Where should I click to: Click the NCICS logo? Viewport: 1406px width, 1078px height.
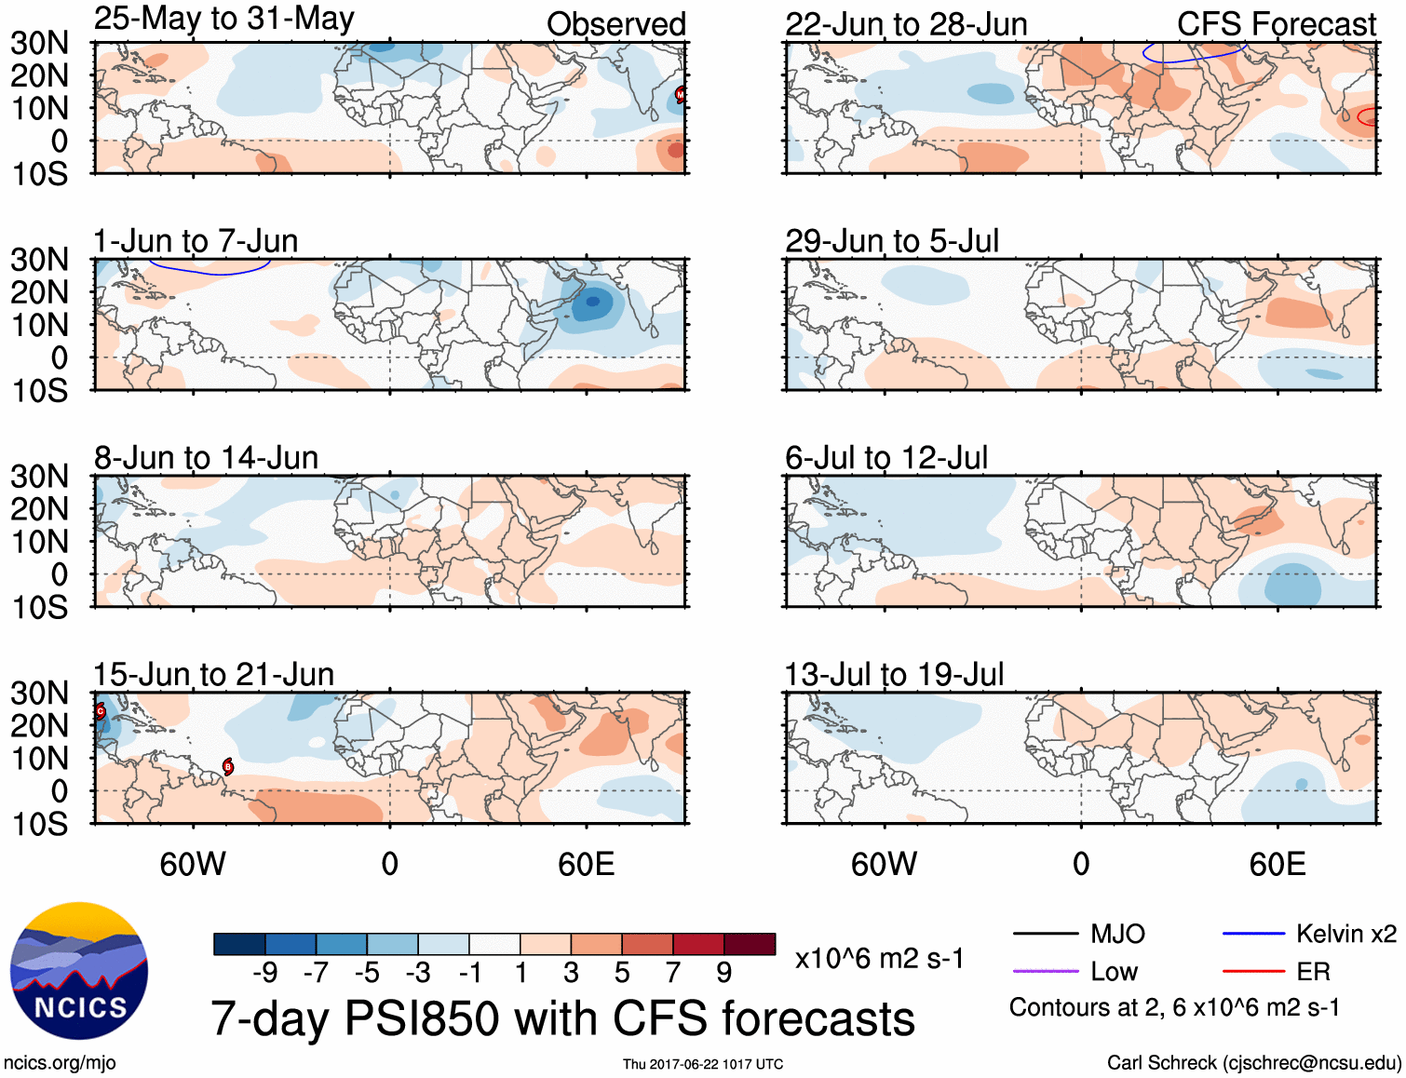tap(79, 971)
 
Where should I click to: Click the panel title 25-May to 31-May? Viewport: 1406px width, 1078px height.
tap(223, 19)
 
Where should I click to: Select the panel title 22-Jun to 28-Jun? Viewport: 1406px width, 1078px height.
tap(906, 24)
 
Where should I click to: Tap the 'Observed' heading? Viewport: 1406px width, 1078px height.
tap(615, 24)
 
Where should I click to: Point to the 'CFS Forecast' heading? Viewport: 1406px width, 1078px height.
tap(1276, 24)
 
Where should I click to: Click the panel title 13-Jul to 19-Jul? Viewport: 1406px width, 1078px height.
tap(894, 674)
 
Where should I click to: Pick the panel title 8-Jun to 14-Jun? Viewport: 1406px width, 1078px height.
tap(206, 457)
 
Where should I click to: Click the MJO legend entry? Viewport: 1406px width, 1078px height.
tap(1117, 934)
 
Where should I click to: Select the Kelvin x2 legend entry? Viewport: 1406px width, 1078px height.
tap(1345, 934)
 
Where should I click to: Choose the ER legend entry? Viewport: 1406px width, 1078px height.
tap(1313, 972)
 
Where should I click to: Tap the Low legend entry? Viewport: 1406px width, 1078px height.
tap(1114, 972)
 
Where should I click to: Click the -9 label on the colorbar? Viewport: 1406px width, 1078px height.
tap(264, 973)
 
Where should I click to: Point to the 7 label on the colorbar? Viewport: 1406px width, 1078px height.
tap(673, 973)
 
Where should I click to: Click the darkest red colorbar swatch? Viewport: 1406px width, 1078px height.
tap(750, 944)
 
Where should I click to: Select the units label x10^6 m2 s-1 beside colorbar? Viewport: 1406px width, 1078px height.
tap(879, 958)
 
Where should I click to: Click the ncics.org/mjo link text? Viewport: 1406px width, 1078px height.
tap(60, 1063)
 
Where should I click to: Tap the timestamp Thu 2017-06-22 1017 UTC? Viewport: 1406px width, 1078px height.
tap(703, 1064)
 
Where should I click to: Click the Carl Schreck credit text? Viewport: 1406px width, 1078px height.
tap(1253, 1063)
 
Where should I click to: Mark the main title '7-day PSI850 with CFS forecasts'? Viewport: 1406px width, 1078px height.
tap(562, 1018)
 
